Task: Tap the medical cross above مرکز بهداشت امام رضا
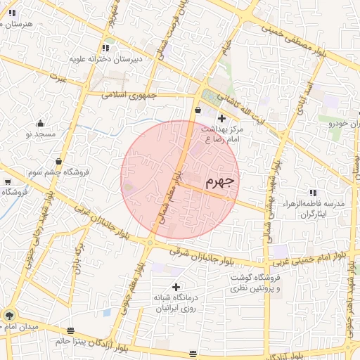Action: (222, 118)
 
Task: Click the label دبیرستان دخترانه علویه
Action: (105, 59)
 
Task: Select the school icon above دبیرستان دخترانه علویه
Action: (105, 48)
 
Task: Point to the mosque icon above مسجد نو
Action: (40, 122)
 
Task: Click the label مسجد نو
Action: (40, 133)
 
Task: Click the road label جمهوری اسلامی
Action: (131, 94)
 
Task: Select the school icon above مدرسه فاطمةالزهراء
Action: (313, 192)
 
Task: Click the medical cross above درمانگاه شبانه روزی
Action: (175, 287)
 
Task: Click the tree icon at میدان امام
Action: (9, 315)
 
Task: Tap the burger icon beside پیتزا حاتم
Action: (70, 330)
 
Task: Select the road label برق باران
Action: (78, 257)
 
